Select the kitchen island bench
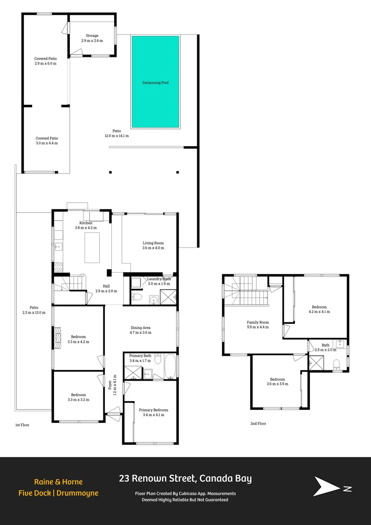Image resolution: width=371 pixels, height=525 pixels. tap(92, 247)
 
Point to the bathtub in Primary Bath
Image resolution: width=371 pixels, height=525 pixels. tap(170, 367)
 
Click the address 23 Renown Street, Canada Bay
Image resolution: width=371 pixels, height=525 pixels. tap(185, 478)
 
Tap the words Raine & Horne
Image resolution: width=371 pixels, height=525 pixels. tap(58, 482)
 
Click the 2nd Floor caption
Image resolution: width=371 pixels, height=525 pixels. tap(258, 423)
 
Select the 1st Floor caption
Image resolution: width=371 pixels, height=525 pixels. tap(22, 425)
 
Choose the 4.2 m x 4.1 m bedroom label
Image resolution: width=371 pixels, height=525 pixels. tap(319, 309)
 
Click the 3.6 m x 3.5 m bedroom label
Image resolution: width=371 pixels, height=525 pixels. tap(277, 382)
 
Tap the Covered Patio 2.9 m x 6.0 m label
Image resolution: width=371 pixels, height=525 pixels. tap(46, 61)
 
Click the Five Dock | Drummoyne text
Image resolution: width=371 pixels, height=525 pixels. tap(58, 493)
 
